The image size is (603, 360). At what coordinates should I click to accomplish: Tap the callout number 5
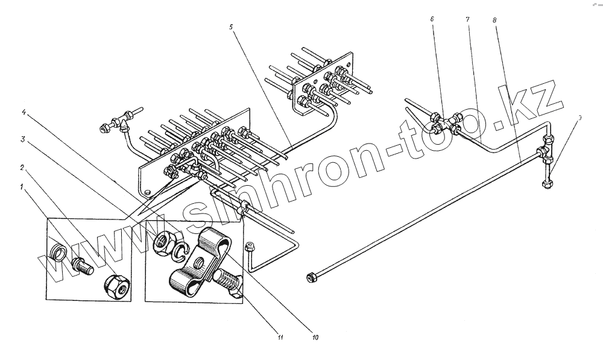pyautogui.click(x=230, y=27)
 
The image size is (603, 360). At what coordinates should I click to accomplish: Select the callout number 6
pyautogui.click(x=432, y=19)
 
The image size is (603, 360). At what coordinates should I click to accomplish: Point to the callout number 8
pyautogui.click(x=494, y=19)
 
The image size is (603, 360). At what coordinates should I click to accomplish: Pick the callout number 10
pyautogui.click(x=315, y=338)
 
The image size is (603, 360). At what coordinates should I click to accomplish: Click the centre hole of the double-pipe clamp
pyautogui.click(x=198, y=264)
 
